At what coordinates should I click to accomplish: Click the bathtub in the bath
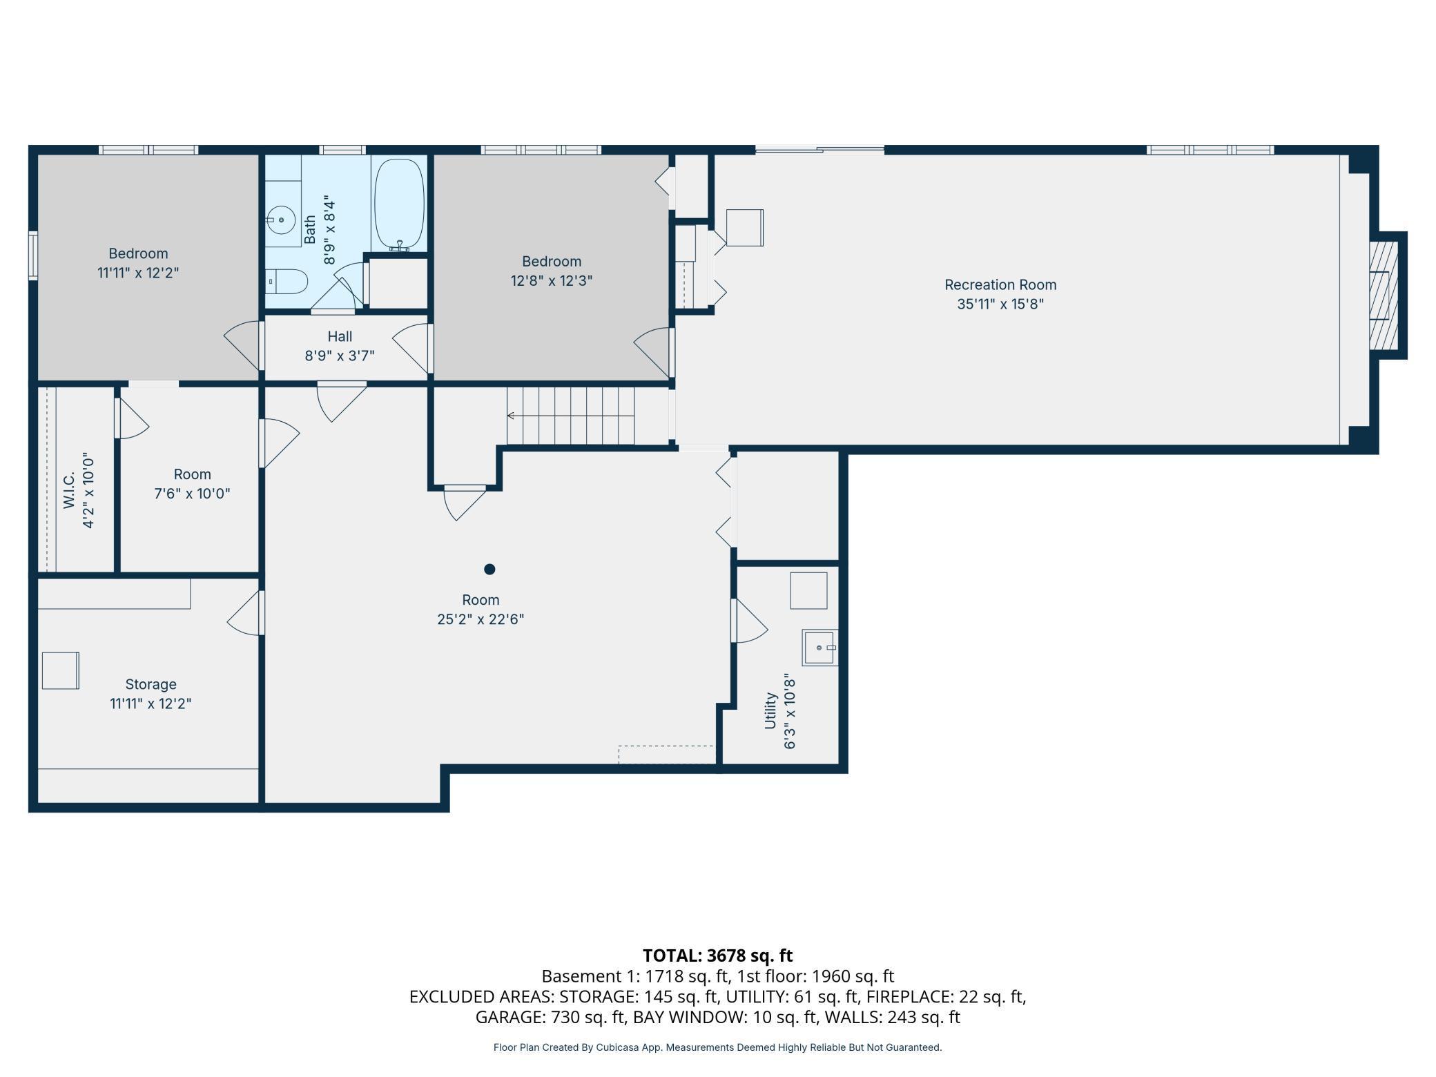[399, 205]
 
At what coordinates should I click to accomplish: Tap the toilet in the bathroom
[287, 281]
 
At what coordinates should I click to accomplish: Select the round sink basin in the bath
[281, 220]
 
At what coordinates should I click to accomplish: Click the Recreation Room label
[1000, 284]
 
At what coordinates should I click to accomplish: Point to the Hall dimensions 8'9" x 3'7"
[340, 356]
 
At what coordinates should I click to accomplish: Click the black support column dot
[489, 569]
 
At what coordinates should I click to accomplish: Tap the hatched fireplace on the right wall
[1384, 295]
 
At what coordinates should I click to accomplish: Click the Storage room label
[151, 684]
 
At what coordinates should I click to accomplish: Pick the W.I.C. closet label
[69, 491]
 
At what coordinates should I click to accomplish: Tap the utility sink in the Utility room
[819, 648]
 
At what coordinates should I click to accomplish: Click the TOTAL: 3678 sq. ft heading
[718, 955]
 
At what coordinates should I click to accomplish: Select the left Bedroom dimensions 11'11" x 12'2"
[138, 273]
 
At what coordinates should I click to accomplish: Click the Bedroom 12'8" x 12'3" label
[552, 271]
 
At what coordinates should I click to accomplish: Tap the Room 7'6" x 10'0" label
[192, 484]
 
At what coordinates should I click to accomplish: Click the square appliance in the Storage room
[61, 670]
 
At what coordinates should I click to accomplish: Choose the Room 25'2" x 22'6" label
[481, 610]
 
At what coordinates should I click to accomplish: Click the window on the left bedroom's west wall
[32, 255]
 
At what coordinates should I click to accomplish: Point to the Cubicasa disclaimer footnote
[718, 1047]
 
